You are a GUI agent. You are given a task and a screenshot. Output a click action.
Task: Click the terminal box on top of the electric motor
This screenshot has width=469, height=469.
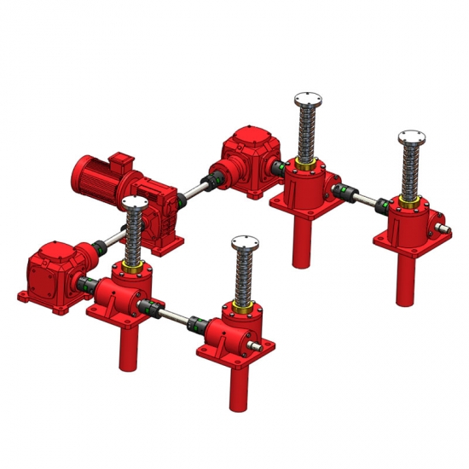(x=117, y=161)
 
